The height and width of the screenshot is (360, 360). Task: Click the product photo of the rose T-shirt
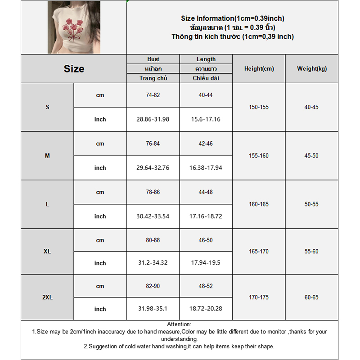pos(74,27)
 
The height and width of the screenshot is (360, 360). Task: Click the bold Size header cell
pos(74,69)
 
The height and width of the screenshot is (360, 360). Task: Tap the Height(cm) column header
pos(259,69)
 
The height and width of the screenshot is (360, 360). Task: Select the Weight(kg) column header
pos(312,69)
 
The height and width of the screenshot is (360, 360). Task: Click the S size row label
pos(47,107)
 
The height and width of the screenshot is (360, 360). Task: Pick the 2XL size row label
pos(47,297)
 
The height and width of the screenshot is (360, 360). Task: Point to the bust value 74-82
pos(153,95)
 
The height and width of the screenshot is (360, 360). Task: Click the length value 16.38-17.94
pos(206,168)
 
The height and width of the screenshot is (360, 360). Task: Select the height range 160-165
pos(259,204)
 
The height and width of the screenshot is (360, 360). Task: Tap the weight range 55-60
pos(311,252)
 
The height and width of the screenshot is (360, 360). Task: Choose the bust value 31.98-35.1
pos(153,309)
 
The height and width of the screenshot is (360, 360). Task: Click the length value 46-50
pos(206,240)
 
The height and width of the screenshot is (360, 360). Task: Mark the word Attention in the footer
pos(179,324)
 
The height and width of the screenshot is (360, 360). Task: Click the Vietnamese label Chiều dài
pos(206,78)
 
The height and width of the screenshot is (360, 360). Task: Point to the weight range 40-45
pos(311,107)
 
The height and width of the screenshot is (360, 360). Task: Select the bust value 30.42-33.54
pos(153,216)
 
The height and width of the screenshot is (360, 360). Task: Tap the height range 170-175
pos(259,297)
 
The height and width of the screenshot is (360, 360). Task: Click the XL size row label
pos(47,252)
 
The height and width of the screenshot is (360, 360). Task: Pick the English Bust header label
pos(153,59)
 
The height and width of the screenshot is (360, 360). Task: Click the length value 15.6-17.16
pos(206,119)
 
